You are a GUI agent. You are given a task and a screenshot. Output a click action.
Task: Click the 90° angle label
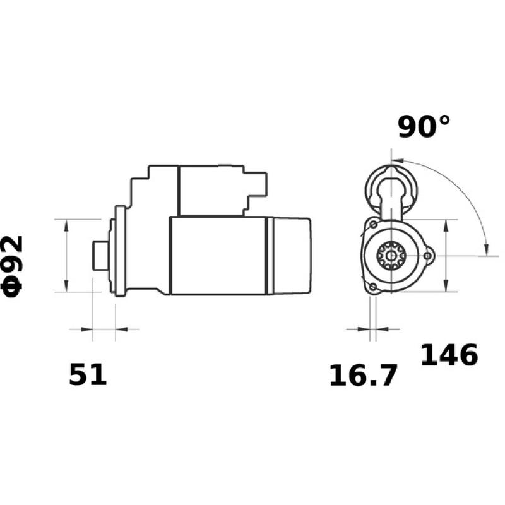pyautogui.click(x=424, y=126)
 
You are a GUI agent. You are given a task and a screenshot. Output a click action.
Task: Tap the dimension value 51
pyautogui.click(x=88, y=375)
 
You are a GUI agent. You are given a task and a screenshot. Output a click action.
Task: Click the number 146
pyautogui.click(x=449, y=355)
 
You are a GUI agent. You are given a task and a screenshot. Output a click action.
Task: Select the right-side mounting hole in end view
pyautogui.click(x=429, y=256)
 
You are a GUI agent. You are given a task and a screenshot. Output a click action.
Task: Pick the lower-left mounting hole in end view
pyautogui.click(x=373, y=288)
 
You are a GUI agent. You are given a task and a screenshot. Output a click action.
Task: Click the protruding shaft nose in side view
pyautogui.click(x=99, y=256)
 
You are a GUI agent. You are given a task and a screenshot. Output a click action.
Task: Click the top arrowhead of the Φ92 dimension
pyautogui.click(x=66, y=224)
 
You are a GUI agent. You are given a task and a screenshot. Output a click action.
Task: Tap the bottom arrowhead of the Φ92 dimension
pyautogui.click(x=66, y=287)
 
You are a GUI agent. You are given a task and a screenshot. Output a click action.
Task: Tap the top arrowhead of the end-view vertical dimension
pyautogui.click(x=446, y=225)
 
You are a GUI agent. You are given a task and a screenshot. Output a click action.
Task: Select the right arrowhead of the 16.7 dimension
pyautogui.click(x=382, y=329)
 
